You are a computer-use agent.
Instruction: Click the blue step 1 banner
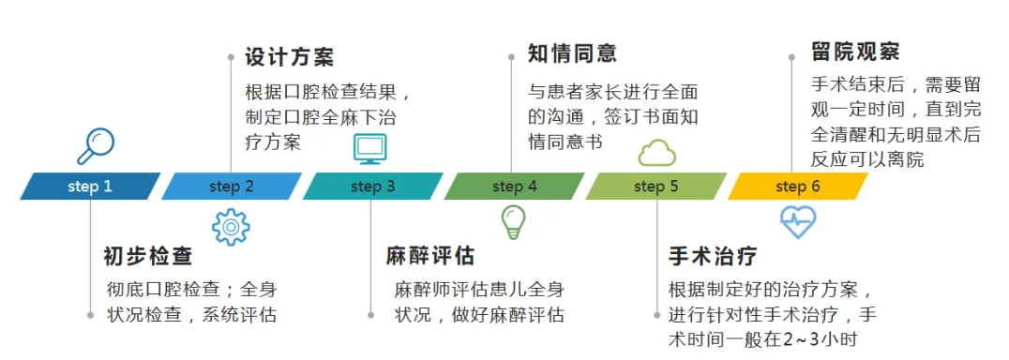point(90,186)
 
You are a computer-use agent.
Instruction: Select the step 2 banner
point(232,186)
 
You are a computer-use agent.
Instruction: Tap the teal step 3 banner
point(373,186)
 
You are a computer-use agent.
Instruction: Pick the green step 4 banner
point(514,186)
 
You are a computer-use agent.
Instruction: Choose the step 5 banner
point(655,186)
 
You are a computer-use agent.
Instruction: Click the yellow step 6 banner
point(797,186)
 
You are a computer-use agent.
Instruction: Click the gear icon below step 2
point(231,227)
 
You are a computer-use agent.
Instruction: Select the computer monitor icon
point(369,148)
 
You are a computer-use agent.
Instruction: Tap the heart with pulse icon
point(797,222)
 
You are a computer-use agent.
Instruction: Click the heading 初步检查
point(148,256)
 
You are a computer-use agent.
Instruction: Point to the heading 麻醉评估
point(430,256)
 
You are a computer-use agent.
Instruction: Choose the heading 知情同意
point(572,52)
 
